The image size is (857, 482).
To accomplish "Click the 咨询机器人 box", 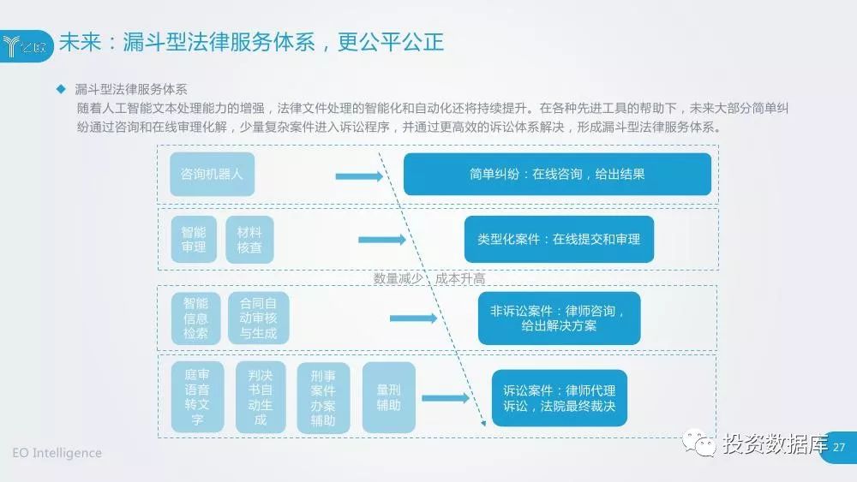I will click(x=212, y=174).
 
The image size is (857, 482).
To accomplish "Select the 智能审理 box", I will click(x=194, y=239).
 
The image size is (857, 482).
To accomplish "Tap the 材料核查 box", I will click(x=249, y=239).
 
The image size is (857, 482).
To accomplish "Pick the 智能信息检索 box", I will click(x=195, y=318).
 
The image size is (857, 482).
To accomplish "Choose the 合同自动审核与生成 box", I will click(x=258, y=318).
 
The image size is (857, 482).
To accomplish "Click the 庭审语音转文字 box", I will click(x=198, y=397).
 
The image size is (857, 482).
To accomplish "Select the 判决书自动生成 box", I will click(x=261, y=397).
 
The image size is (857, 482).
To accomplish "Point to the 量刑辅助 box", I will click(x=388, y=397).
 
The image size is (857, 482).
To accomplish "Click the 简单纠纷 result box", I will click(x=557, y=174).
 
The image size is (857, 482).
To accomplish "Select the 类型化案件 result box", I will click(x=559, y=239).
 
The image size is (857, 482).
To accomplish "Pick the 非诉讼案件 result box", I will click(x=559, y=318).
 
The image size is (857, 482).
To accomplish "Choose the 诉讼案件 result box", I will click(x=559, y=397).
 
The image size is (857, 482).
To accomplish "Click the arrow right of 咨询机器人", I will click(x=358, y=176).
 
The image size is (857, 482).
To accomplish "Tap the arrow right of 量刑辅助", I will click(x=446, y=398).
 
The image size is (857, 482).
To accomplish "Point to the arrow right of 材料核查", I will click(x=382, y=241).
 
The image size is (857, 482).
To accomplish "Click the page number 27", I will click(x=839, y=447).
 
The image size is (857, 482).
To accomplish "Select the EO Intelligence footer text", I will click(x=57, y=453).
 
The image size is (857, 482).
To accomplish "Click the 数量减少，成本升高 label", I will click(x=429, y=278).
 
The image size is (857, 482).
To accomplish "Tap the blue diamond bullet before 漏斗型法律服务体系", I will click(x=61, y=89).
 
